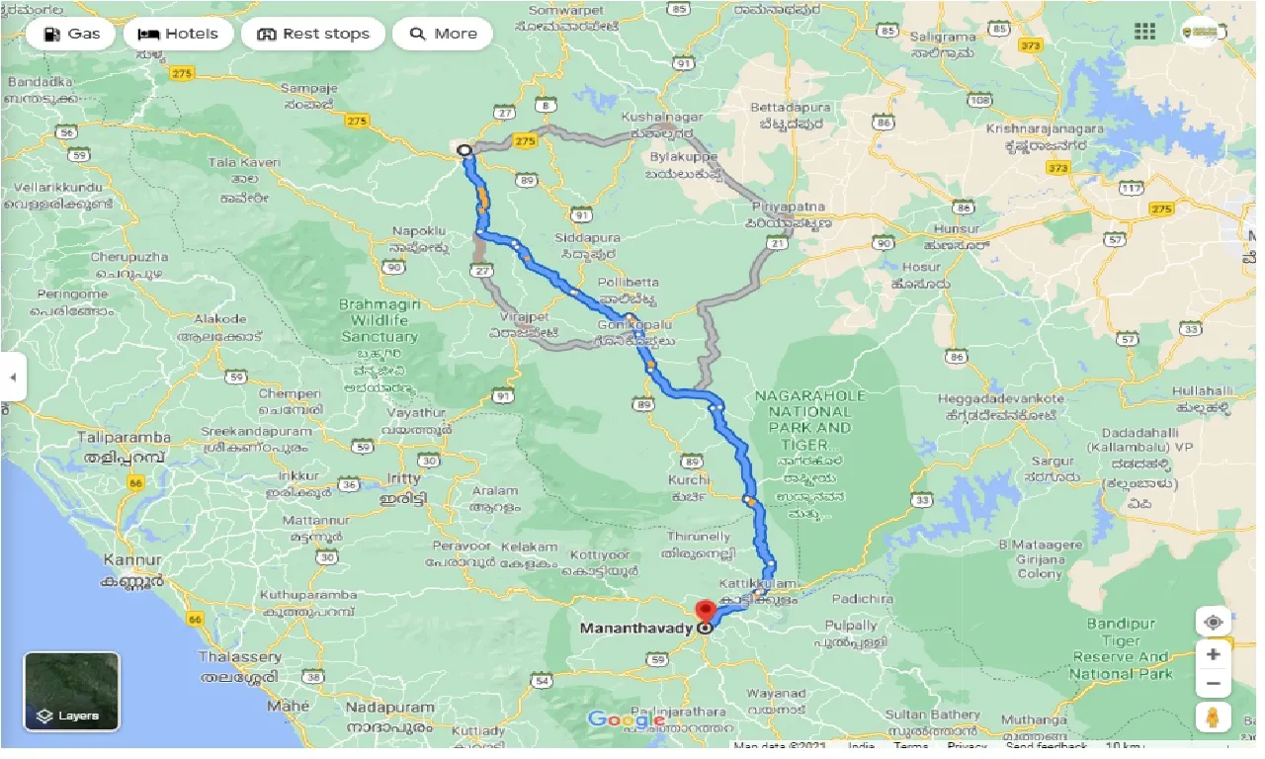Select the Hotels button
pyautogui.click(x=179, y=34)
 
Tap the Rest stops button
pyautogui.click(x=313, y=34)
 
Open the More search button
pyautogui.click(x=443, y=34)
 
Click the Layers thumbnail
pyautogui.click(x=71, y=691)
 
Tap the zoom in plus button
pyautogui.click(x=1214, y=654)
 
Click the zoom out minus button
pyautogui.click(x=1214, y=684)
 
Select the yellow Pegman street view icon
pyautogui.click(x=1214, y=717)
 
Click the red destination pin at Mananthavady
pyautogui.click(x=706, y=611)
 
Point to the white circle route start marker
pyautogui.click(x=464, y=150)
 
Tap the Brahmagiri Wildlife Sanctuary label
pyautogui.click(x=379, y=320)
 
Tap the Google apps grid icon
pyautogui.click(x=1144, y=32)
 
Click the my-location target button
pyautogui.click(x=1214, y=622)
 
